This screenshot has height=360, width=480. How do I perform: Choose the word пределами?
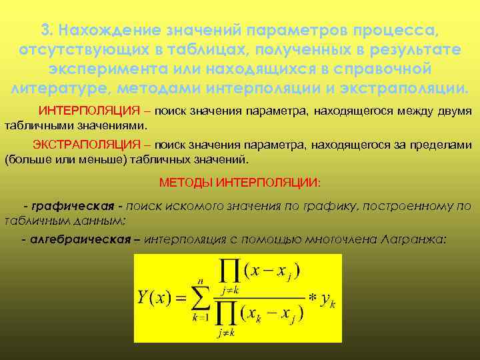pyautogui.click(x=443, y=145)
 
